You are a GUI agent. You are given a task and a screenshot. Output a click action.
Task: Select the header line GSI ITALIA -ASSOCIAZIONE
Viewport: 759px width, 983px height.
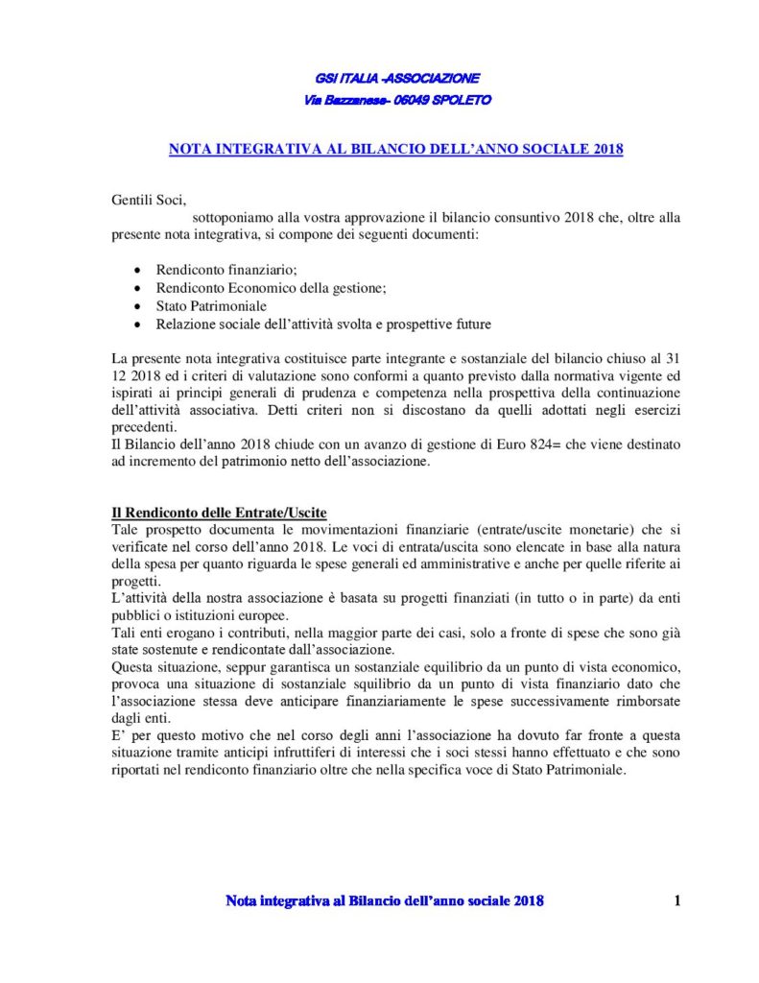[396, 77]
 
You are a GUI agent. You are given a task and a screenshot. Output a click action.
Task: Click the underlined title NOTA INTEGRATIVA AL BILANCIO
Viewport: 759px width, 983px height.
[396, 150]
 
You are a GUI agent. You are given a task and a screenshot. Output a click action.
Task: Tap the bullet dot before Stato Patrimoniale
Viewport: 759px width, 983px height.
[140, 307]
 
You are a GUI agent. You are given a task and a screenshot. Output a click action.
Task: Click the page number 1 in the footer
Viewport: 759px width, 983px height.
[677, 900]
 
